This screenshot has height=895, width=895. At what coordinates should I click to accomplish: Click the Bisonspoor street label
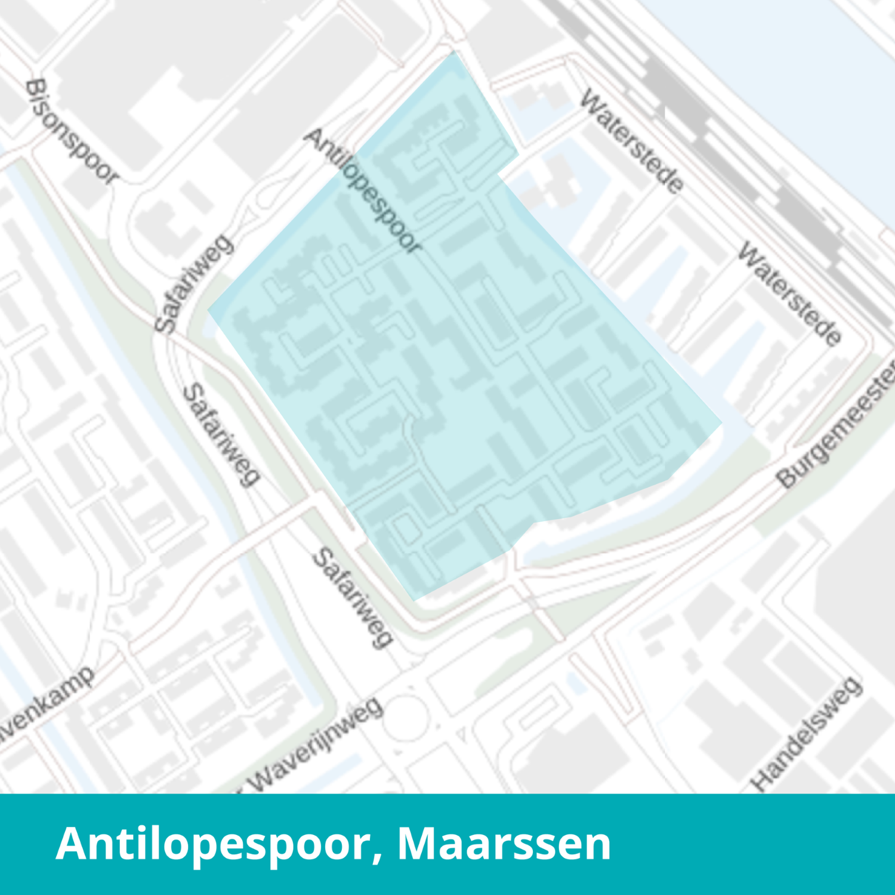tap(71, 131)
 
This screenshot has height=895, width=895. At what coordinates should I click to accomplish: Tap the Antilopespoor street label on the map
tap(363, 191)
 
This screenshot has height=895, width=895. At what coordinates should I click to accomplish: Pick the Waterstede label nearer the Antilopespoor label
tap(631, 141)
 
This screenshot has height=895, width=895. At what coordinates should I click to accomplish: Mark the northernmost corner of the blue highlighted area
tap(454, 53)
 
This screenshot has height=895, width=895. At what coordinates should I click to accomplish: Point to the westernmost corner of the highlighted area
tap(208, 310)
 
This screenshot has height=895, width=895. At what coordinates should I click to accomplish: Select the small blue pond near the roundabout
tap(576, 683)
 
